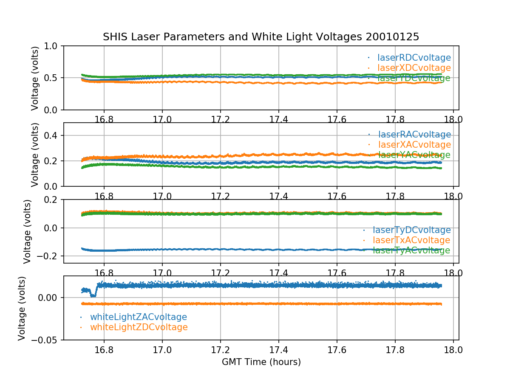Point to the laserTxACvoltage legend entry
point(411,240)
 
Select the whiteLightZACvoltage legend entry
point(139,317)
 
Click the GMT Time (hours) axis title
point(261,362)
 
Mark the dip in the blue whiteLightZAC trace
point(93,295)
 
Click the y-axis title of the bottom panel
point(22,308)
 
